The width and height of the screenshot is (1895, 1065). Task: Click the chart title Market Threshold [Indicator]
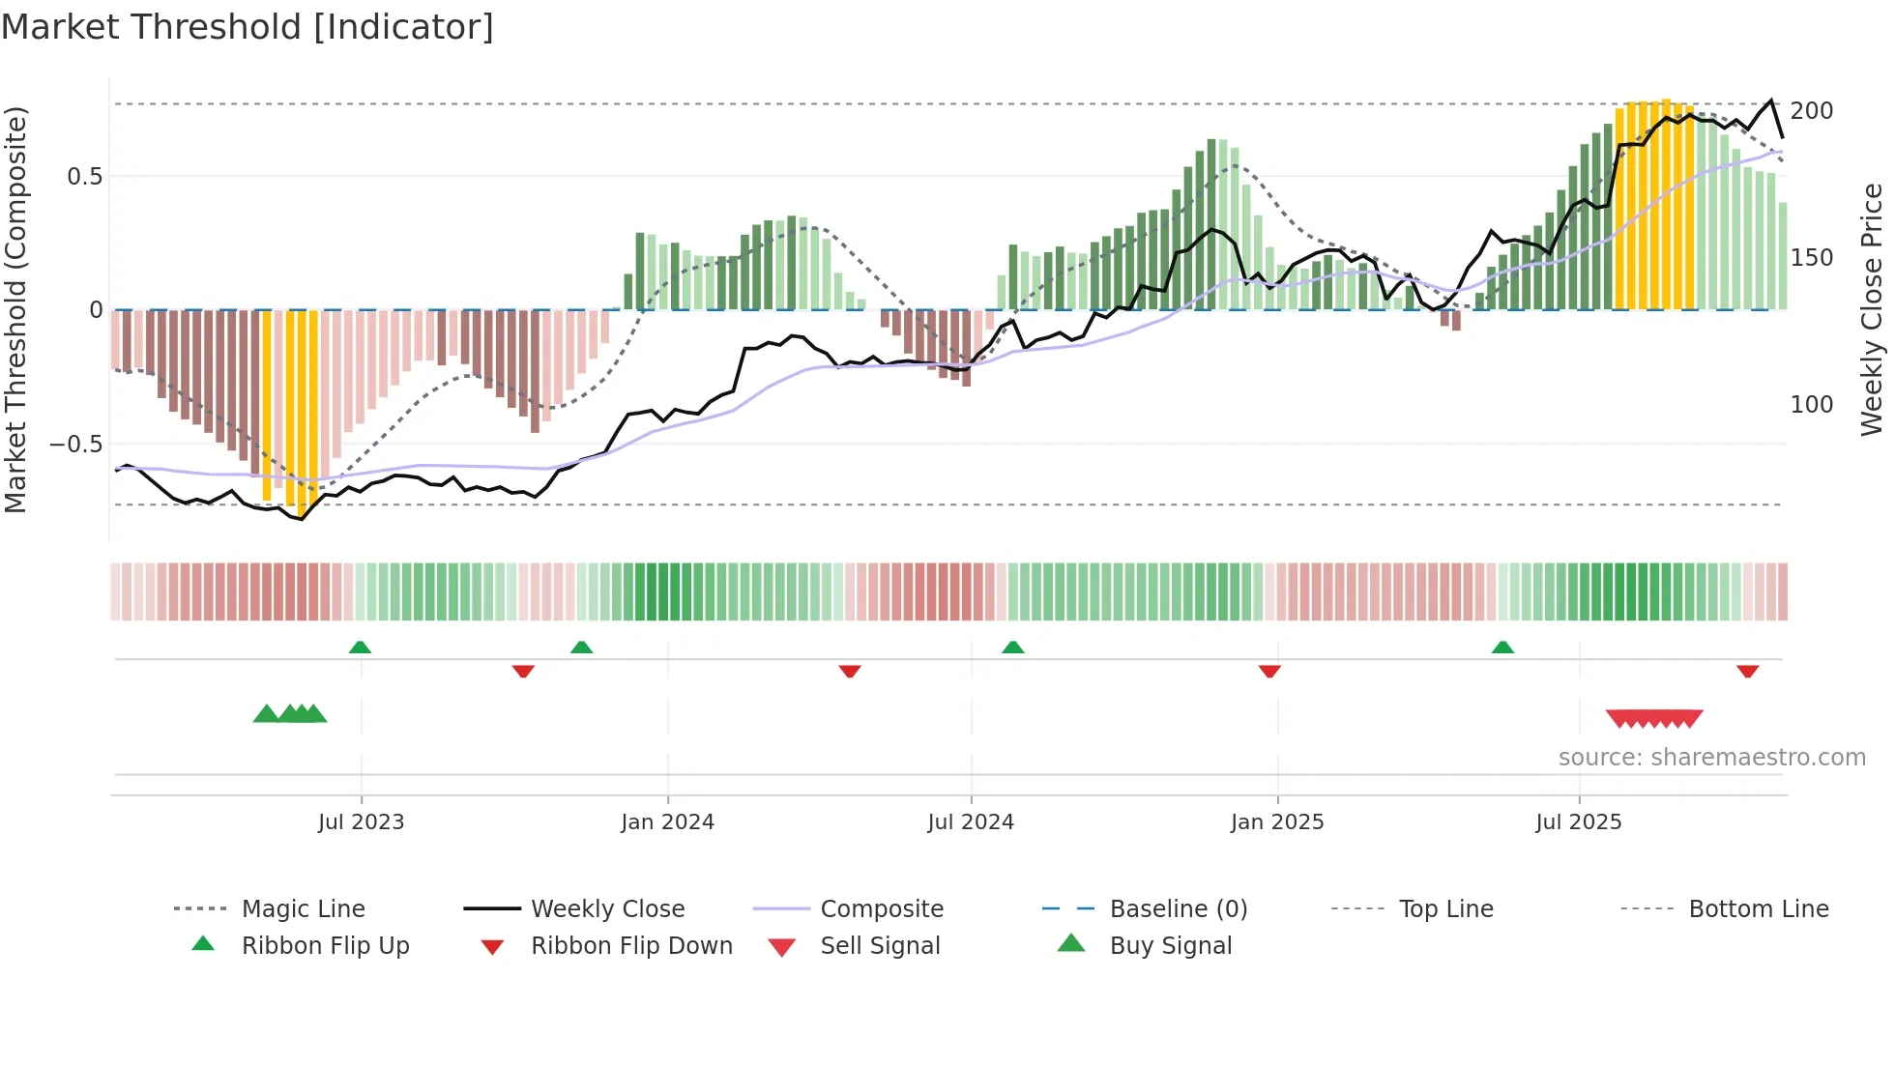(x=248, y=27)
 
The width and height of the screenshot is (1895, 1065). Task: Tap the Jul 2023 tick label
(x=361, y=822)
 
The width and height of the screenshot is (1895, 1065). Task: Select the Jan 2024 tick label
(x=667, y=822)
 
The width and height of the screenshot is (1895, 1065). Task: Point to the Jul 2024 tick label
(x=971, y=822)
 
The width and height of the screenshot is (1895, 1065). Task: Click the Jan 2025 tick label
(x=1277, y=822)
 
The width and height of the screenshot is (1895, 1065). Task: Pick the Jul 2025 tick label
(x=1579, y=822)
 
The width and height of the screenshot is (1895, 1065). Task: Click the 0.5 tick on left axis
(x=84, y=177)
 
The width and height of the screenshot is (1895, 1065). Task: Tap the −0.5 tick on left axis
(x=76, y=445)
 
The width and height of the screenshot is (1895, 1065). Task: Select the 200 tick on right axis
(x=1811, y=111)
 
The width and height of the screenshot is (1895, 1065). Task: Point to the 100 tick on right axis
(x=1811, y=405)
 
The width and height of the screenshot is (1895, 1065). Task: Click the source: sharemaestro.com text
(x=1711, y=758)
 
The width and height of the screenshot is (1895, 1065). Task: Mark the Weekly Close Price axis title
(x=1872, y=309)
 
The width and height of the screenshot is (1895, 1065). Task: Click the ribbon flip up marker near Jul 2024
(x=1012, y=647)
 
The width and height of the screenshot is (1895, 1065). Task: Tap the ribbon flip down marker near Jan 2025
(x=1269, y=671)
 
